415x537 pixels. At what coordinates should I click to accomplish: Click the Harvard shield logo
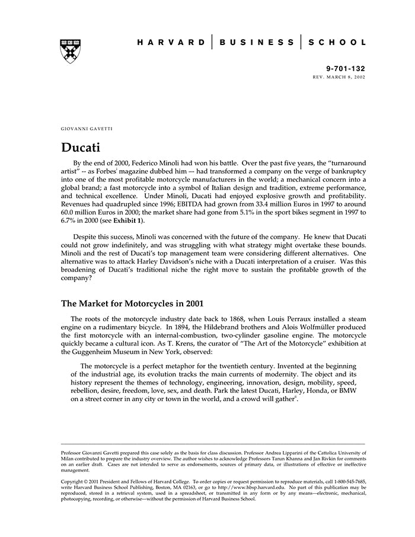point(71,52)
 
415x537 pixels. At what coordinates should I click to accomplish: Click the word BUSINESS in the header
point(256,43)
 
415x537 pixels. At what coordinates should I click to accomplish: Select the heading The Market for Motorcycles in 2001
point(132,303)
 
